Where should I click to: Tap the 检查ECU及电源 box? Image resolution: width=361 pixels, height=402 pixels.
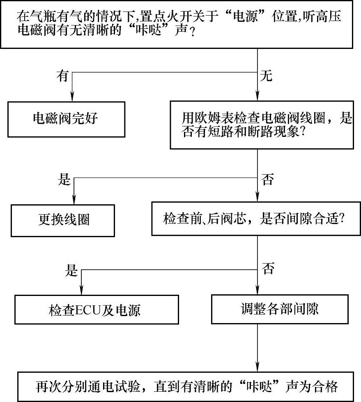97,309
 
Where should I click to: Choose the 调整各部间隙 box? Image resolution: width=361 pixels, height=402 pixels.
280,309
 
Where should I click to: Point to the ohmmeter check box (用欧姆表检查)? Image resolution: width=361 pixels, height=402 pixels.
267,125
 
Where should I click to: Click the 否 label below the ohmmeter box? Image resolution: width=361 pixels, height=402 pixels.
267,180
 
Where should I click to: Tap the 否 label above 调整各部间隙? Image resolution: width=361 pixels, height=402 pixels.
267,270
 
